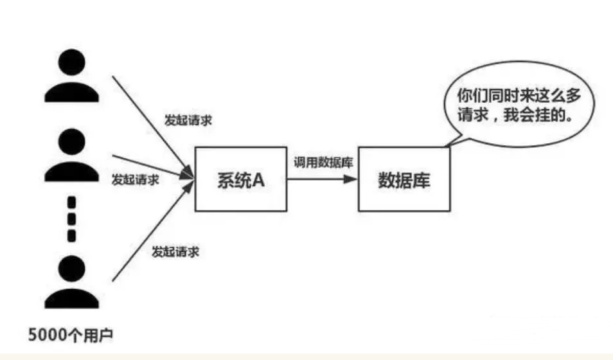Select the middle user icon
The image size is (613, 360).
[x=71, y=154]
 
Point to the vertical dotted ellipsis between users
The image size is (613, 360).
[x=72, y=218]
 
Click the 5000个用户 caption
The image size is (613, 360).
[x=71, y=335]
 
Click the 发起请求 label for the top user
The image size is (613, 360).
[x=188, y=120]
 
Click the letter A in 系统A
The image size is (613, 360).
[x=258, y=179]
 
